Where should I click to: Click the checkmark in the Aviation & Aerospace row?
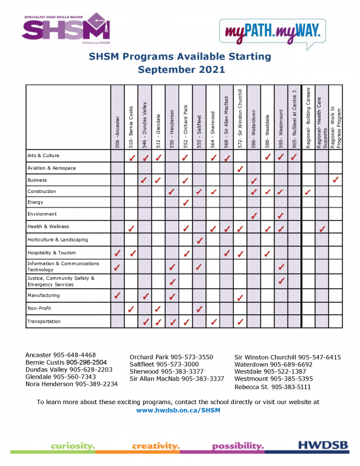pos(240,169)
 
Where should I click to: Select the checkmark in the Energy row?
pos(186,202)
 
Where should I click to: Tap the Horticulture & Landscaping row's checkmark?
pos(199,241)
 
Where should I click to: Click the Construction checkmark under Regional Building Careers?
pos(308,192)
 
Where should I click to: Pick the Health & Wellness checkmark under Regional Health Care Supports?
pos(322,229)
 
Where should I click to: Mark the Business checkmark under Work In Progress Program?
pos(336,180)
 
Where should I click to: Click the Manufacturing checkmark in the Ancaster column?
pos(117,295)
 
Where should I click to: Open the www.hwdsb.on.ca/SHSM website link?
pos(178,410)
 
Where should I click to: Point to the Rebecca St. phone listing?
pos(273,386)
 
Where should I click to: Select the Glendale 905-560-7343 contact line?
pos(61,376)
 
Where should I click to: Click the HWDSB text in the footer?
pos(324,446)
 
